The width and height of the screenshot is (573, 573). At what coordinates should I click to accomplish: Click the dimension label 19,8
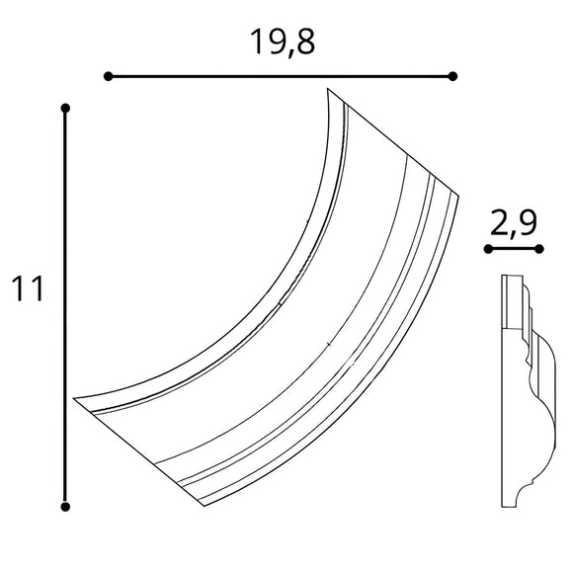click(x=281, y=42)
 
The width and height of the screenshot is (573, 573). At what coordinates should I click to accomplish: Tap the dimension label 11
click(x=27, y=289)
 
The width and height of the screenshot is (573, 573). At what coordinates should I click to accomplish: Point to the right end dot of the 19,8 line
click(x=452, y=76)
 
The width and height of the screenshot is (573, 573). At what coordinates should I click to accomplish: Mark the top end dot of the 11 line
click(x=65, y=107)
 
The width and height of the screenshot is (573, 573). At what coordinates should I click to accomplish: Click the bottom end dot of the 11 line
click(x=65, y=507)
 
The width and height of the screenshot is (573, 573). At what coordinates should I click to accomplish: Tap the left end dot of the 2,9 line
click(x=488, y=249)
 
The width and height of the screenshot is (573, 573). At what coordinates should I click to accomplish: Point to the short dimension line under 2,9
click(x=513, y=249)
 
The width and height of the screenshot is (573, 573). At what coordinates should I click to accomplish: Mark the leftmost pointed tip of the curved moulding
click(x=74, y=398)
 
